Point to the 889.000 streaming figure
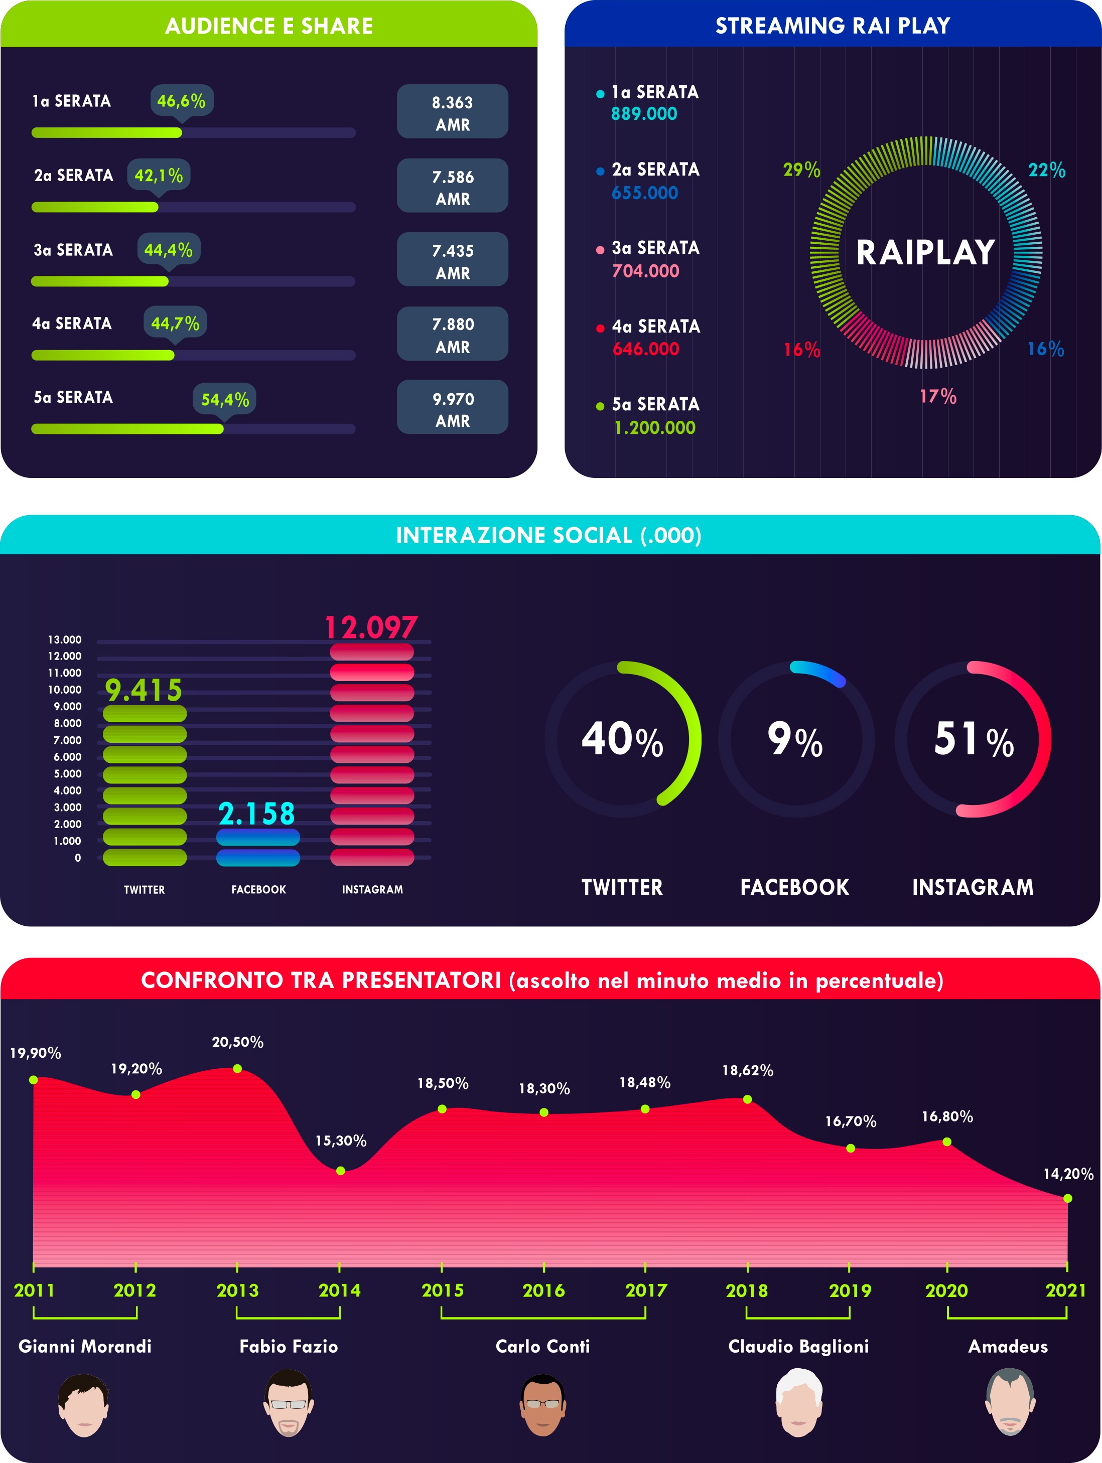[x=644, y=114]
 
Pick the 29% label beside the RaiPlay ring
[x=801, y=171]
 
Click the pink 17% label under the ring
[x=938, y=397]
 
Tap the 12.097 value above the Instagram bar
[x=371, y=627]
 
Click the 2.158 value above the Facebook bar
[x=257, y=814]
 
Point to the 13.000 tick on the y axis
[x=64, y=639]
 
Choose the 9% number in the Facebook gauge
[x=795, y=739]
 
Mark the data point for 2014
[x=340, y=1171]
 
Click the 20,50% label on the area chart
[x=237, y=1042]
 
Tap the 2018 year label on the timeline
[x=747, y=1290]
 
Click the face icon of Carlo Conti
[x=543, y=1405]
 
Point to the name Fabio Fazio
[x=289, y=1347]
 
